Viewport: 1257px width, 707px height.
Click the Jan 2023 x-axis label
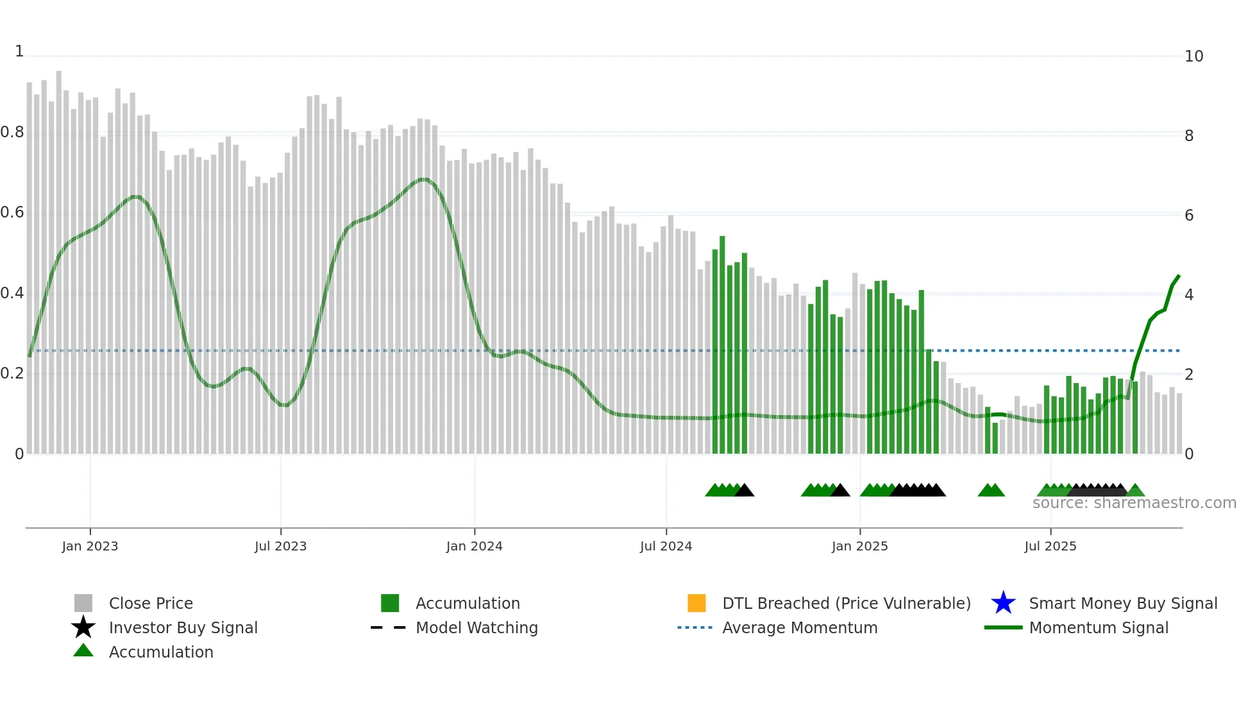coord(90,546)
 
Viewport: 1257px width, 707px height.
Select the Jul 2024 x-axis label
coord(666,546)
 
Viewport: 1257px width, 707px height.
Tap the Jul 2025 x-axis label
coord(1050,546)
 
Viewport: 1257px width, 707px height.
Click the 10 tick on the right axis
coord(1194,56)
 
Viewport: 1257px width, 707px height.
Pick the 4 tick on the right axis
coord(1189,295)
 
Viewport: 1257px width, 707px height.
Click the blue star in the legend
coord(1003,603)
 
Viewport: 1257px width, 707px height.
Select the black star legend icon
coord(83,627)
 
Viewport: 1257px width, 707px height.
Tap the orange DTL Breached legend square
coord(696,603)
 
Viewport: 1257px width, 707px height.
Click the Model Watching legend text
coord(477,627)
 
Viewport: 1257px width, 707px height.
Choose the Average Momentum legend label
coord(800,627)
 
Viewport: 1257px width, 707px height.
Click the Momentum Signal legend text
coord(1099,627)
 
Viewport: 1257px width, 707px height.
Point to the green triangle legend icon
coord(83,651)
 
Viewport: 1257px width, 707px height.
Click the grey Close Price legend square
coord(83,603)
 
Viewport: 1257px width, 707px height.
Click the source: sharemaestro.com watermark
coord(1134,503)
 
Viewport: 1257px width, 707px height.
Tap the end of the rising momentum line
coord(1179,276)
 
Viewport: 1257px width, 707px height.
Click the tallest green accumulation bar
coord(722,346)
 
